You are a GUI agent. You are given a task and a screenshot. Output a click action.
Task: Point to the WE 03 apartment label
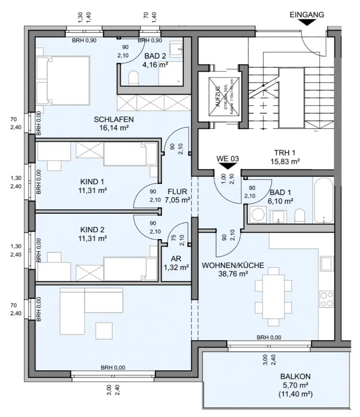227,158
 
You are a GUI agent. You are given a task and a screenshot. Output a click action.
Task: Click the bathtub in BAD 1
323,201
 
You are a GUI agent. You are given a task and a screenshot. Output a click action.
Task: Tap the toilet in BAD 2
134,78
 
